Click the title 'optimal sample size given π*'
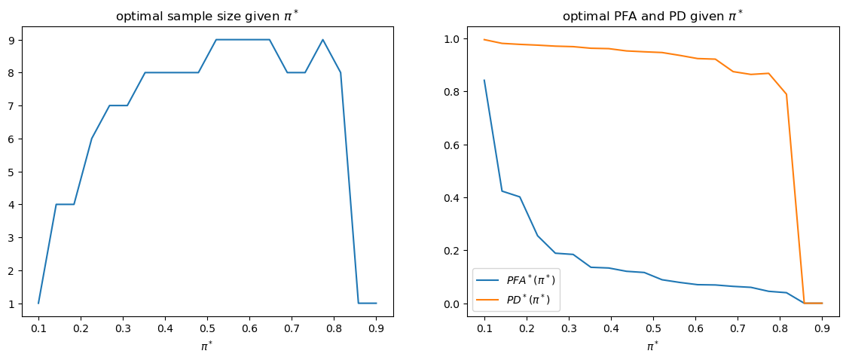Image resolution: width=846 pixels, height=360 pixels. tap(208, 16)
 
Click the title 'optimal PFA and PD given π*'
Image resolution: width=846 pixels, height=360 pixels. tap(646, 16)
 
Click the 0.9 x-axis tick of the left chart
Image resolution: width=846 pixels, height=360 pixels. tap(376, 328)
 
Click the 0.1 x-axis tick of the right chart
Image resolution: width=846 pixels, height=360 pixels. tap(484, 328)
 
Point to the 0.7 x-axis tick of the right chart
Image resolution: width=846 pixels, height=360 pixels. tap(738, 328)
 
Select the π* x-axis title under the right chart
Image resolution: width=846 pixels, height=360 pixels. tap(653, 343)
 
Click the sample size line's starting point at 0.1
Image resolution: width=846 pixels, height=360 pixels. tap(38, 304)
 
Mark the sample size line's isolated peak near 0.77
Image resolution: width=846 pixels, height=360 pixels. tap(322, 40)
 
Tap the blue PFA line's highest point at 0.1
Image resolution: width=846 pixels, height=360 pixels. tap(484, 80)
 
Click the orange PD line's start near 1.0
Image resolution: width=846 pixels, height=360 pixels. tap(484, 39)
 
